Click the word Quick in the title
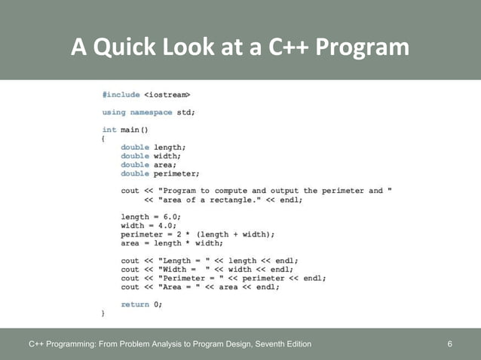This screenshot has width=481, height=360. pyautogui.click(x=129, y=47)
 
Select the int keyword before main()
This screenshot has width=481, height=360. pyautogui.click(x=109, y=130)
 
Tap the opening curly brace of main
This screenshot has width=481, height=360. pyautogui.click(x=103, y=139)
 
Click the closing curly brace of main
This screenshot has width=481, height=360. pyautogui.click(x=103, y=313)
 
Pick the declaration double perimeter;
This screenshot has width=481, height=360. pyautogui.click(x=160, y=173)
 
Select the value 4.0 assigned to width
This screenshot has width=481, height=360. pyautogui.click(x=167, y=225)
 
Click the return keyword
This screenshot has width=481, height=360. pyautogui.click(x=135, y=304)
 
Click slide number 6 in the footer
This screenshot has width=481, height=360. pyautogui.click(x=450, y=344)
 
